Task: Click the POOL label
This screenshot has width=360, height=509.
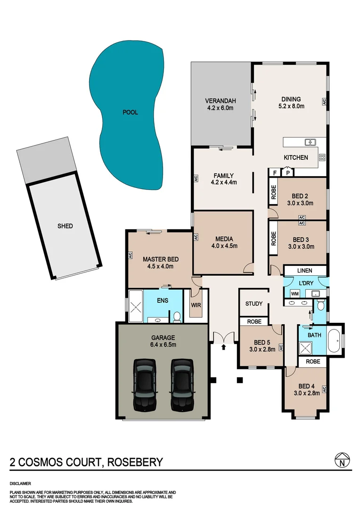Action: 130,113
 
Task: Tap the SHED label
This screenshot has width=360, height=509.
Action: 65,226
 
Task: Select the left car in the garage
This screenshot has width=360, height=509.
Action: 145,384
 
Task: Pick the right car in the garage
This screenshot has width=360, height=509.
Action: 182,384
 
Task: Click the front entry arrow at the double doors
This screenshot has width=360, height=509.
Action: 223,348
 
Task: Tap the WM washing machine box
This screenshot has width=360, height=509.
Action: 295,294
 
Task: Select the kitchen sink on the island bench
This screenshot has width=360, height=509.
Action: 310,141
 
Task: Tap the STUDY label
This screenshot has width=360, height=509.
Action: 254,304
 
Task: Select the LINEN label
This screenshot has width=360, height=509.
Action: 304,271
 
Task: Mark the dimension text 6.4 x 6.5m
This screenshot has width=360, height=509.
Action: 163,345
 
